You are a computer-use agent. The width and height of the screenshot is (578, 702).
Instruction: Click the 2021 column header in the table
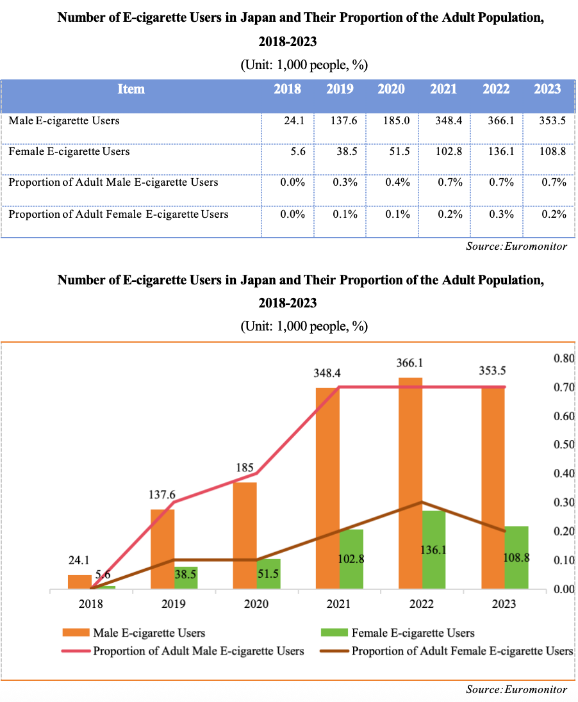pos(443,90)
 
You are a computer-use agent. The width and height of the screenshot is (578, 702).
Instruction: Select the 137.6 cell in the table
pos(340,121)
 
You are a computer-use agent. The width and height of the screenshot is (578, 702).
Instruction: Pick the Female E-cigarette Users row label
pos(69,152)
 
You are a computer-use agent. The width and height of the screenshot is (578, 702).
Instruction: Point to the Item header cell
pos(131,90)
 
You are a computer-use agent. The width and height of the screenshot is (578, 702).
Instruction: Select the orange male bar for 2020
pos(245,535)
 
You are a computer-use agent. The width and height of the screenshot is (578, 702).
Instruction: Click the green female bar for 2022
pos(433,550)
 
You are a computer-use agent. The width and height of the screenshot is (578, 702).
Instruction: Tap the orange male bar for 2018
pos(79,582)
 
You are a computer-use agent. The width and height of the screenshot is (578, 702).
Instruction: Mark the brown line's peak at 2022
pos(421,502)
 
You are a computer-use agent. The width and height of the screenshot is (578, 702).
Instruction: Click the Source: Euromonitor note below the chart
pos(516,690)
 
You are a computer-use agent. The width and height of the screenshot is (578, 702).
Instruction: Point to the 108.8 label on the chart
pos(516,558)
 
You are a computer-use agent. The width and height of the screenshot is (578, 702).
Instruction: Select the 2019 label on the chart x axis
pos(174,604)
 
